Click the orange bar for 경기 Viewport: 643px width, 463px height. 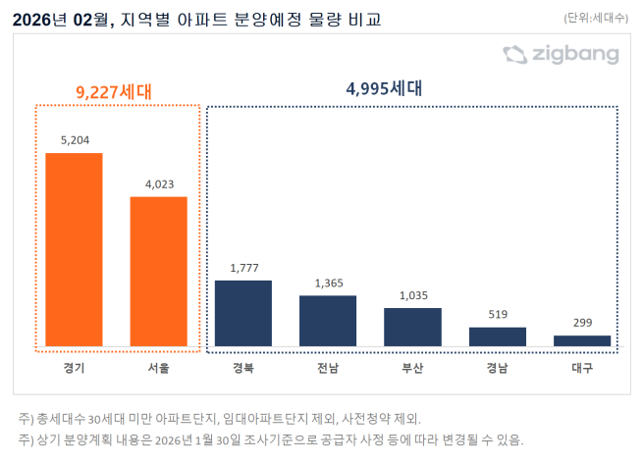tap(74, 249)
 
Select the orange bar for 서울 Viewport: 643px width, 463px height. tap(158, 271)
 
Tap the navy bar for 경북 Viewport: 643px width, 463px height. tap(242, 313)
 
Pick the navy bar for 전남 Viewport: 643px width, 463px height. tap(328, 321)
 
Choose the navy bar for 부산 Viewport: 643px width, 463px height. tap(412, 327)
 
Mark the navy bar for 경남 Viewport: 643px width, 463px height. tap(497, 336)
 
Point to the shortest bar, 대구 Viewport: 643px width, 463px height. tap(582, 340)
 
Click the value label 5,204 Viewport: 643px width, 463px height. tap(75, 140)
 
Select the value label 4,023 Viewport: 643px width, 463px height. tap(159, 183)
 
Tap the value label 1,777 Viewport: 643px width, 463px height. tap(243, 268)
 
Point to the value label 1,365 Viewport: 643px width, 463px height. tap(328, 283)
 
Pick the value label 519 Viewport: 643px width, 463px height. tap(497, 315)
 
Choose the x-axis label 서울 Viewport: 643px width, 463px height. tap(158, 369)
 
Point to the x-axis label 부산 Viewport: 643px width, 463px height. tap(412, 369)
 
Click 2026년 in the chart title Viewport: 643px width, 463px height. tap(38, 18)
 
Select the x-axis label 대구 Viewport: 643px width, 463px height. tap(582, 369)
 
